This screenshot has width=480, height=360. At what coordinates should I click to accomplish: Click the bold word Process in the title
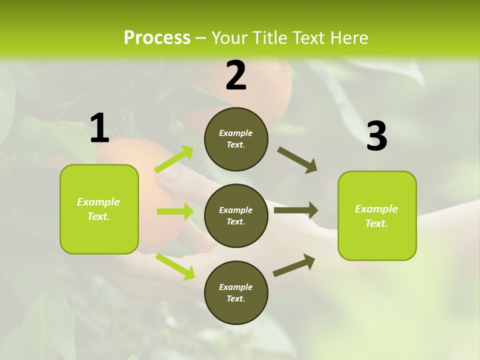[157, 38]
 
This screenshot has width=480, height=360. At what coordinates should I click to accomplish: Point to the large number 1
[99, 128]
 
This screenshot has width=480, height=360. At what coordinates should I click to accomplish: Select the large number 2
[236, 75]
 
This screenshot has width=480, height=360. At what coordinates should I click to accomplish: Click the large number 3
[376, 136]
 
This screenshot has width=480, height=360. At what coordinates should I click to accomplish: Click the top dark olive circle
[236, 139]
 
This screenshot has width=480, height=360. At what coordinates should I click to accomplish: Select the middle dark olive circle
[236, 216]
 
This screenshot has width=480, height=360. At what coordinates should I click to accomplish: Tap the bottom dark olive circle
[236, 293]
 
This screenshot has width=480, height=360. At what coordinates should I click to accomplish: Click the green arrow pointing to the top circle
[174, 159]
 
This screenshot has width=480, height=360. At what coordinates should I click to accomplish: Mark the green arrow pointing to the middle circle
[175, 211]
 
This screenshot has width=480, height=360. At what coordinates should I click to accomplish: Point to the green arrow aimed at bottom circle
[175, 266]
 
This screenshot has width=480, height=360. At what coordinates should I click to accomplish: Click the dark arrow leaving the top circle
[297, 160]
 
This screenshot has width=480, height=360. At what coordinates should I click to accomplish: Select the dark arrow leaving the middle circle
[296, 210]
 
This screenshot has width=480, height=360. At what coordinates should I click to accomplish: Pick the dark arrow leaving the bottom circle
[294, 265]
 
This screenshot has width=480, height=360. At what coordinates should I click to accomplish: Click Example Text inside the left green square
[98, 209]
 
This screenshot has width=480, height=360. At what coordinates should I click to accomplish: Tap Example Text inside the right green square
[376, 216]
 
